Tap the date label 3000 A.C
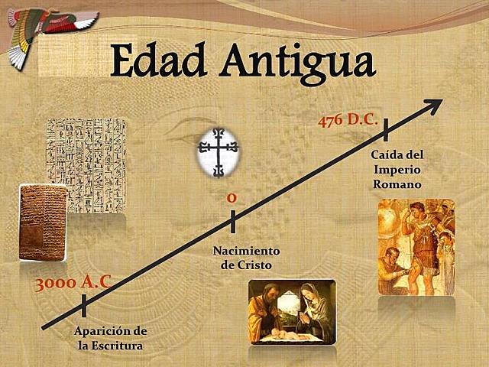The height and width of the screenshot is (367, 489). (73, 282)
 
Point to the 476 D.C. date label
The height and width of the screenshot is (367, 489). (348, 121)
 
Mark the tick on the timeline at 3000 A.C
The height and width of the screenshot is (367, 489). (83, 306)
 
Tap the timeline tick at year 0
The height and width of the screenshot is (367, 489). (232, 222)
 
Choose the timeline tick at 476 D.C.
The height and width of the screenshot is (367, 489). (386, 130)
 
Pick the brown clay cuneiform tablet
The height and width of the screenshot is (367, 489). (43, 222)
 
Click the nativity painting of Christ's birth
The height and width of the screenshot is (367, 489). (292, 311)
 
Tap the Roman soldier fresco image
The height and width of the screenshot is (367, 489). (416, 247)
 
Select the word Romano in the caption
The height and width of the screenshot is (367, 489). (397, 184)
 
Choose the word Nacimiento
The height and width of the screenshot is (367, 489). (246, 251)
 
